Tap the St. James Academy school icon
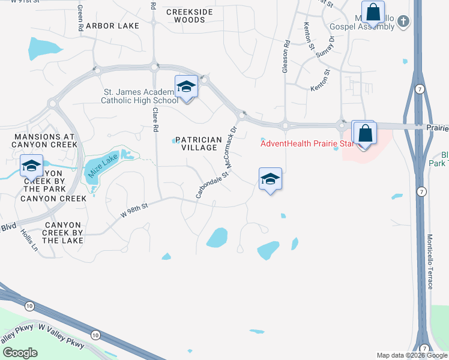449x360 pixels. coord(186,88)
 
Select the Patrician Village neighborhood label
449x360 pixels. coord(198,143)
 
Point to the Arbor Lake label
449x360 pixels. coord(112,26)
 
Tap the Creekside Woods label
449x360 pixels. coord(185,16)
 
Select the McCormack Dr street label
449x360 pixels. coord(232,145)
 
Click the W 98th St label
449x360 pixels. coord(135,209)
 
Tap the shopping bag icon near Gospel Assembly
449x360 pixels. coord(373,12)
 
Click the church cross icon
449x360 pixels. coord(403,22)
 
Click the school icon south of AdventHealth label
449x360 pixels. coord(270,179)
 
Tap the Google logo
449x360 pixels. coord(20,352)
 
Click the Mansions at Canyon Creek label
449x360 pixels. coord(46,141)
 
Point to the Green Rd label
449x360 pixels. coord(80,19)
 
